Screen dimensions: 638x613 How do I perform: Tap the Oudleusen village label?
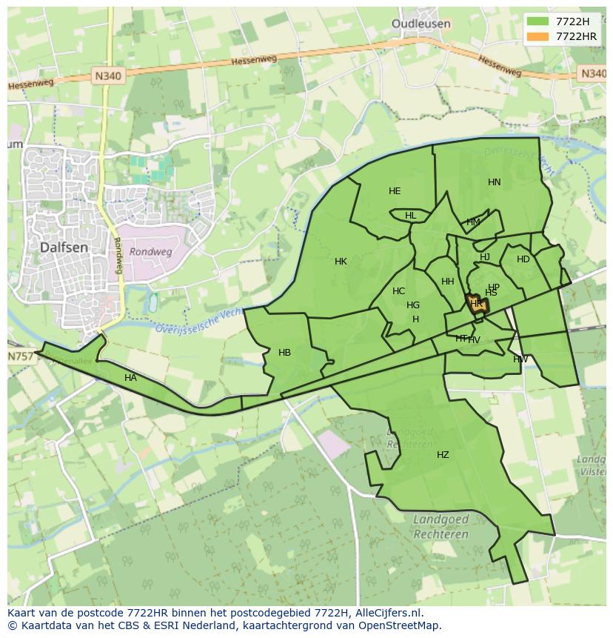(421, 24)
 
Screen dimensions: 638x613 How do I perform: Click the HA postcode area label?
(130, 378)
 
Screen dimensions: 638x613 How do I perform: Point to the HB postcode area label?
(284, 353)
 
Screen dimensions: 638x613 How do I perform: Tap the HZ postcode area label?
(443, 455)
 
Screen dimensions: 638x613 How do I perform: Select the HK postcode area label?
(341, 262)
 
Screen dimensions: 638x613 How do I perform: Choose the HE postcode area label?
(395, 191)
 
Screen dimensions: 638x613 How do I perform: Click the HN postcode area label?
(495, 182)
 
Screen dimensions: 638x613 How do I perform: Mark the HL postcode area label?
(410, 216)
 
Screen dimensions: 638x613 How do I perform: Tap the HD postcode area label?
(523, 259)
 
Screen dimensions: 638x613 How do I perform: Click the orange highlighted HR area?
(476, 304)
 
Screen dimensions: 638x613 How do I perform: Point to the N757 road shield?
(21, 356)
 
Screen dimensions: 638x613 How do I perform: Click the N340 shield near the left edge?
(108, 75)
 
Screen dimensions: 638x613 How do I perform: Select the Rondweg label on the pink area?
(150, 252)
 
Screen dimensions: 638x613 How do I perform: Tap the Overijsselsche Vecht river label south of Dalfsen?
(199, 321)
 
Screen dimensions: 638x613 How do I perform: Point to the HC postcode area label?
(398, 291)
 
